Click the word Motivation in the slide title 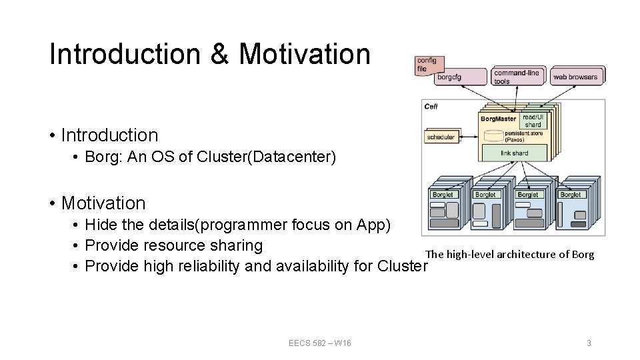click(305, 54)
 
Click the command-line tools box click(517, 76)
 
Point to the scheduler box click(441, 137)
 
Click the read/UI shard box click(534, 121)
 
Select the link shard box click(514, 153)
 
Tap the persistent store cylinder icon click(493, 135)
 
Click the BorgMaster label click(498, 119)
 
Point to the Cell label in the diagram click(431, 107)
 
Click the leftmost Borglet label click(443, 195)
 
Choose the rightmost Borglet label click(571, 195)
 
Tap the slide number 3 click(589, 343)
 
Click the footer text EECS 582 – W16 click(320, 343)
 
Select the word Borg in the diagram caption click(583, 254)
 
